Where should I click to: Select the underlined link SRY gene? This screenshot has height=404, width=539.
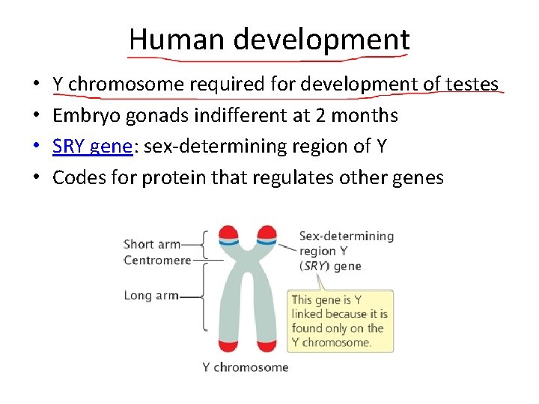(92, 147)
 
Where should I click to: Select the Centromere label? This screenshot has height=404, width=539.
(156, 260)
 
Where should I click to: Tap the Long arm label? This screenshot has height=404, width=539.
(150, 296)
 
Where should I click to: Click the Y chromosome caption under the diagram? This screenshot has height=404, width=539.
(245, 367)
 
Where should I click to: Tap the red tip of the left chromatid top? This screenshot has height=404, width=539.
(228, 233)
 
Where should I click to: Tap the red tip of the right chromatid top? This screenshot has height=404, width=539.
(265, 233)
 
